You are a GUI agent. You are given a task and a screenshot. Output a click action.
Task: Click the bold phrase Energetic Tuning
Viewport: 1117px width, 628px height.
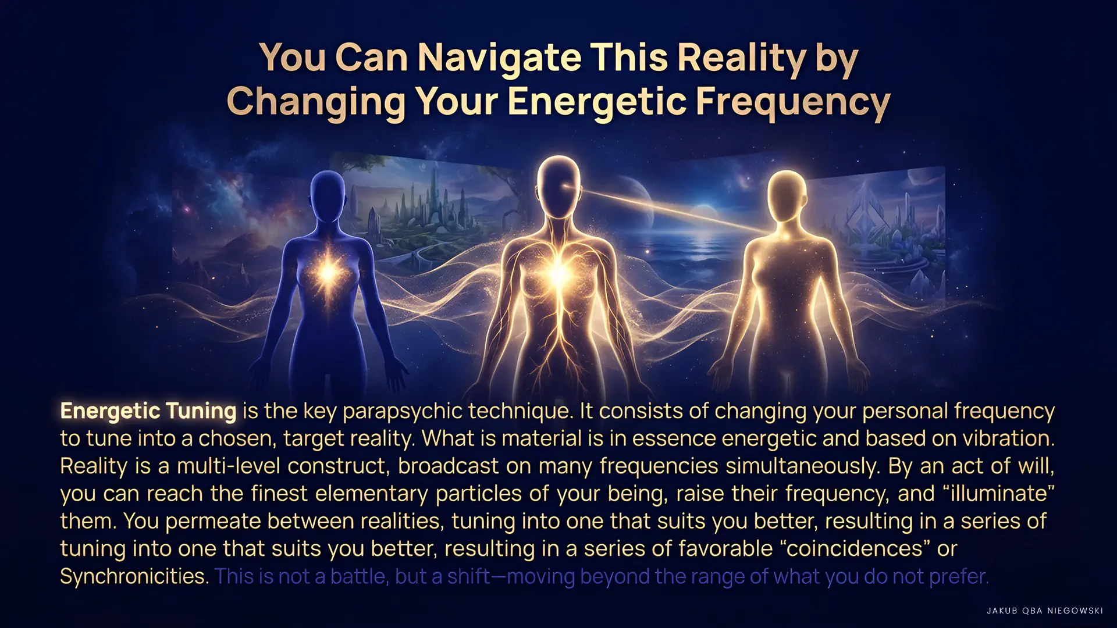coord(148,411)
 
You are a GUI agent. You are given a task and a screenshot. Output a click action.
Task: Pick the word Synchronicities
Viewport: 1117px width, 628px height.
coord(134,576)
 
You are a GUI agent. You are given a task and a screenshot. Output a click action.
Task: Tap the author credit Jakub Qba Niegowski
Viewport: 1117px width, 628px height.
coord(1045,611)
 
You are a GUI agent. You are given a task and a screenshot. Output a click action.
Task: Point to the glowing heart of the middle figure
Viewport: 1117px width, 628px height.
coord(558,273)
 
